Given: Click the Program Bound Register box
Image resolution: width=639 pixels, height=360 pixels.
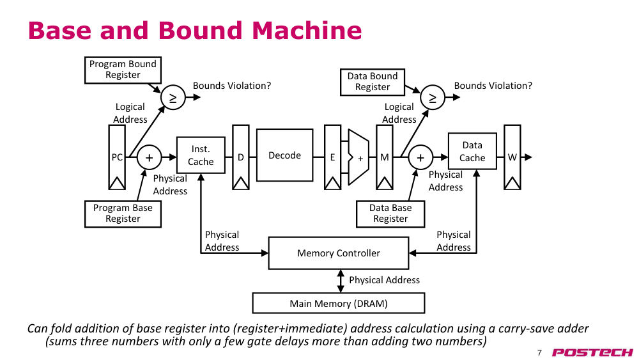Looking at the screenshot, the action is tap(123, 70).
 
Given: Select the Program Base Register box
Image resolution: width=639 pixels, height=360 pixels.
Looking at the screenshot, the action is tap(123, 214).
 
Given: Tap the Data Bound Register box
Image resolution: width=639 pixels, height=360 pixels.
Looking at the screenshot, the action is tap(373, 82).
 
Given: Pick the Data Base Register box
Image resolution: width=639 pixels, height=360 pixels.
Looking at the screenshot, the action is tap(390, 214).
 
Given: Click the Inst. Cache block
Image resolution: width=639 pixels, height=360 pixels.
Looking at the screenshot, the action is tap(201, 155).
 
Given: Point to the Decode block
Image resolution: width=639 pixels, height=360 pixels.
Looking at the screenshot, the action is tap(285, 155).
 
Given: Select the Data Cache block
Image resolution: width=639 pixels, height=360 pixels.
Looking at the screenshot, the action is tap(472, 152).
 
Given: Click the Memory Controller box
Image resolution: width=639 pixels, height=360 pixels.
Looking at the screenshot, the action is tap(339, 253).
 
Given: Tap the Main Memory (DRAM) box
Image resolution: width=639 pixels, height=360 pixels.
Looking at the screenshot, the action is tap(339, 303).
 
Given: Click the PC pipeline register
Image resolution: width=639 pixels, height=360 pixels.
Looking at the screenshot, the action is tap(117, 157).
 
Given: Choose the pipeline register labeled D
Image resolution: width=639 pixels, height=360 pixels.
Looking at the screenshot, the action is tap(241, 157).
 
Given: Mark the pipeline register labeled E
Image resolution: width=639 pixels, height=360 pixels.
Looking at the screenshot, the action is tap(332, 157).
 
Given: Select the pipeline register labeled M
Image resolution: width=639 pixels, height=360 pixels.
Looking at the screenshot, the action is tap(384, 157).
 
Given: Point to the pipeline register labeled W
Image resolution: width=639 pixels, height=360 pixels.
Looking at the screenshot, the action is tap(512, 157).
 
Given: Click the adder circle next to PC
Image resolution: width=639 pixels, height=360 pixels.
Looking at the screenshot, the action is tap(149, 157).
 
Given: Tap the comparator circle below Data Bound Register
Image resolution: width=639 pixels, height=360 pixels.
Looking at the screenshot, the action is tap(433, 97).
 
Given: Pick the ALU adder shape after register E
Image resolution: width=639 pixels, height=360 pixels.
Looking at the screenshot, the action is tap(358, 157).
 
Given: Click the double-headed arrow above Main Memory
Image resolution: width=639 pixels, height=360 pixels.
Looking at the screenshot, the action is tap(341, 281).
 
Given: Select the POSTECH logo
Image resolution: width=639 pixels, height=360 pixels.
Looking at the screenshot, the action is tap(592, 353).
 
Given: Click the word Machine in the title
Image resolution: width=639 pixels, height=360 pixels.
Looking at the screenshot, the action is tap(307, 31).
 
